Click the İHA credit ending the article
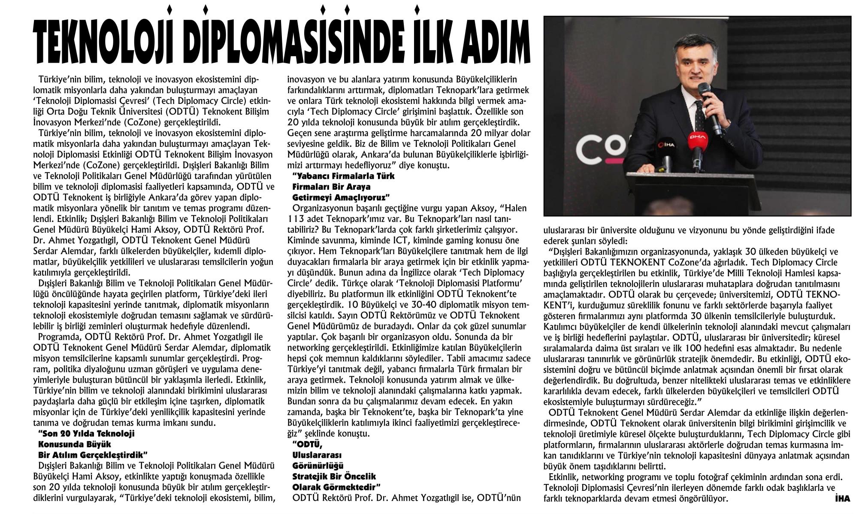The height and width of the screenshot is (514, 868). pyautogui.click(x=842, y=499)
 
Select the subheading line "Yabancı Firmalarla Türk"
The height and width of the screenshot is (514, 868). pyautogui.click(x=343, y=176)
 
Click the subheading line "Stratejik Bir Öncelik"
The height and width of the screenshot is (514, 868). pyautogui.click(x=334, y=476)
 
